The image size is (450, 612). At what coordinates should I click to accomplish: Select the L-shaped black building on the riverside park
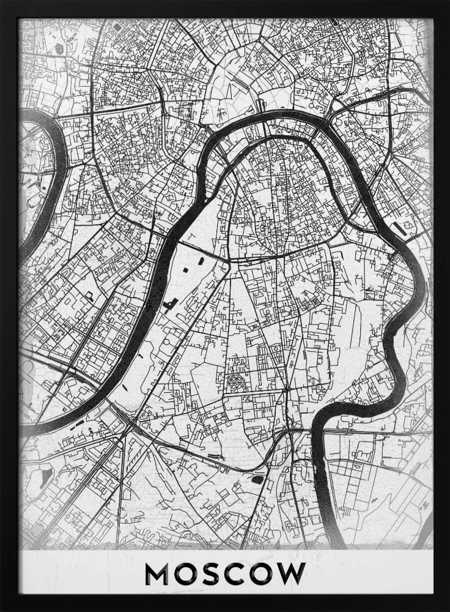169,304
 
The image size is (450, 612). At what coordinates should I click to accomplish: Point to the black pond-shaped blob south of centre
258,479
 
